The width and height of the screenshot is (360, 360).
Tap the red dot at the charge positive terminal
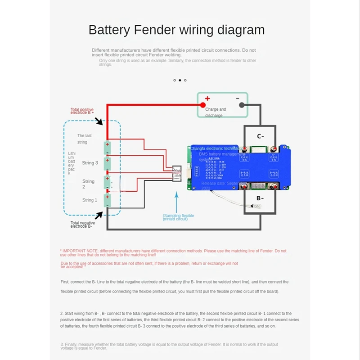(197, 104)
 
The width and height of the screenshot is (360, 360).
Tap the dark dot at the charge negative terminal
(242, 104)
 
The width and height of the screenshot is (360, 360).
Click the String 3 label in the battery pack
(90, 163)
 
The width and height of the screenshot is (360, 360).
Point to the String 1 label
(90, 200)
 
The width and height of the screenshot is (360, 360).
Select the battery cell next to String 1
(108, 200)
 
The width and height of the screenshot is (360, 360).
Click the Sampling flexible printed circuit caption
(178, 218)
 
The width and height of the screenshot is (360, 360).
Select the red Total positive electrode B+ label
(81, 111)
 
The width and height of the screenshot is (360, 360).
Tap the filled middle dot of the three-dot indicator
(180, 80)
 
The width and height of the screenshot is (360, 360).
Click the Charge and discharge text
(216, 112)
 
